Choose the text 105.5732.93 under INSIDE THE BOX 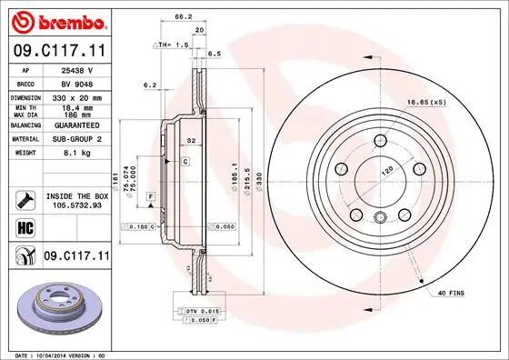pyautogui.click(x=76, y=205)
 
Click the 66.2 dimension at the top pyautogui.click(x=183, y=17)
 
